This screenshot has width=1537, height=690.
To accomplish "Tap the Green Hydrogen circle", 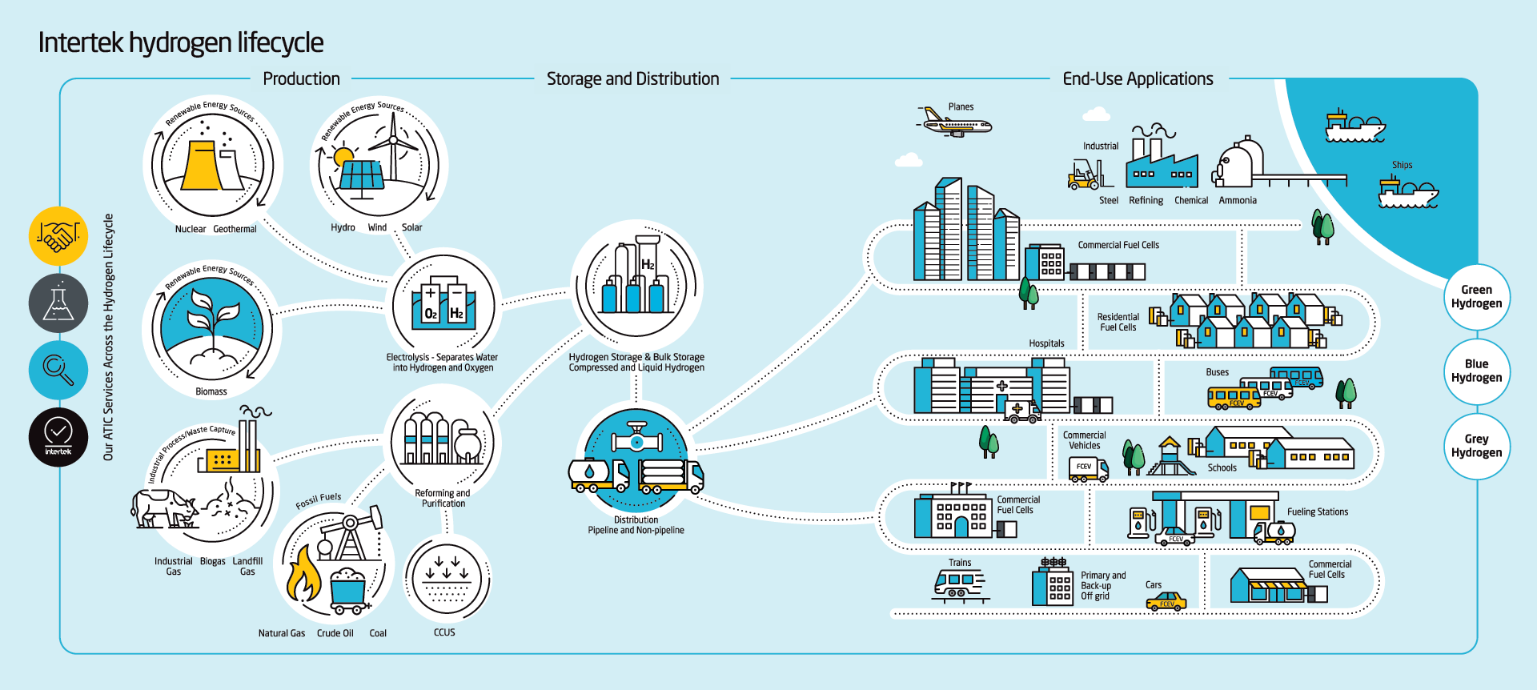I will coord(1476,297).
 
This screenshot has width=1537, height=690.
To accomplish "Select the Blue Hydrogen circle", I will coord(1476,371).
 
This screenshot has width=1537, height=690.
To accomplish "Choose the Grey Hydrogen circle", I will coord(1476,446).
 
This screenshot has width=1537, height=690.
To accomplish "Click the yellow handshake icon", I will coord(58,236).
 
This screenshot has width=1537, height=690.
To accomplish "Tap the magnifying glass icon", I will coord(58,370).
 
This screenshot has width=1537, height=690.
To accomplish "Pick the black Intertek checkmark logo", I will coord(58,437).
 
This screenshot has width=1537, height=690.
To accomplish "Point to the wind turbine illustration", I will coord(394,148).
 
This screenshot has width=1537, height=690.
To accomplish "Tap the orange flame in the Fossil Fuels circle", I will coord(303,575).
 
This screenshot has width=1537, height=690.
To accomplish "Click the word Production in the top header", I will coord(301,79).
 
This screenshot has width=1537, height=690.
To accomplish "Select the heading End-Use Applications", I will coord(1138,79).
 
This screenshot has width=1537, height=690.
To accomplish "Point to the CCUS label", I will coord(444,632).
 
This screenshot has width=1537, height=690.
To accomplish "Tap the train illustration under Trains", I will coord(958,584).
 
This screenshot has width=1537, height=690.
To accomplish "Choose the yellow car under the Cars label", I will coord(1166,602).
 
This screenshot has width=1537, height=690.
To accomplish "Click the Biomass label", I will coord(211,391).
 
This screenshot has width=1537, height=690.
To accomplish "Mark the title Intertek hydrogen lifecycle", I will coord(181,42).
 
